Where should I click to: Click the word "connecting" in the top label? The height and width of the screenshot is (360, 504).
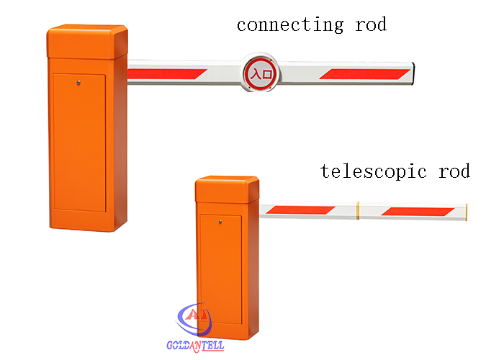[x=290, y=25]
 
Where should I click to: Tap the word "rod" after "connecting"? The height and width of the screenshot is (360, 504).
[x=371, y=24]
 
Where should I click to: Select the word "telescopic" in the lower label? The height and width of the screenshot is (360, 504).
[x=373, y=171]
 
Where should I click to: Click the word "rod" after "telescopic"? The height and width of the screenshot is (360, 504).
[x=454, y=171]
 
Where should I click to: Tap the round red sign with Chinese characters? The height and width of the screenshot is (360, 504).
[x=260, y=73]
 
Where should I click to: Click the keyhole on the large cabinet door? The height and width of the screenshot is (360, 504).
[x=78, y=84]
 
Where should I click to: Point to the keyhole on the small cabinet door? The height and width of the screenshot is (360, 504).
[x=220, y=222]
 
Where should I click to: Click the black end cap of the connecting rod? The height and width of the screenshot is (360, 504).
[x=413, y=73]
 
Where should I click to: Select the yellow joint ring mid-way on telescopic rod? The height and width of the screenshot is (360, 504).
[x=358, y=211]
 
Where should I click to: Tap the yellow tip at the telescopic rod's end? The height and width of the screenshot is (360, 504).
[x=466, y=212]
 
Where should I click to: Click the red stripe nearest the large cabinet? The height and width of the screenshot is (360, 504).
[x=166, y=74]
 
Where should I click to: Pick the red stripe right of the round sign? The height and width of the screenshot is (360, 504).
[x=364, y=74]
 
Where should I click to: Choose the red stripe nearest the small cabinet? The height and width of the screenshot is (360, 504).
[x=300, y=210]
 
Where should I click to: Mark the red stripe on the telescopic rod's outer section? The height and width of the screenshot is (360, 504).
[x=418, y=212]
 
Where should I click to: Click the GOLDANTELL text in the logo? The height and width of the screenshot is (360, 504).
[x=195, y=346]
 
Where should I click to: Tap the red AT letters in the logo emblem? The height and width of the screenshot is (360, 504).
[x=197, y=315]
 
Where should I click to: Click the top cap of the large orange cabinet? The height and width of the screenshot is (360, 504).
[x=87, y=42]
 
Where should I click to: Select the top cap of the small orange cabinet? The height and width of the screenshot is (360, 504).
[x=227, y=189]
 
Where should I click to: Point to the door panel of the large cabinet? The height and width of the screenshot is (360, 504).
[x=79, y=143]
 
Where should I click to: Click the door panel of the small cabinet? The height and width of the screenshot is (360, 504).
[x=221, y=269]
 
